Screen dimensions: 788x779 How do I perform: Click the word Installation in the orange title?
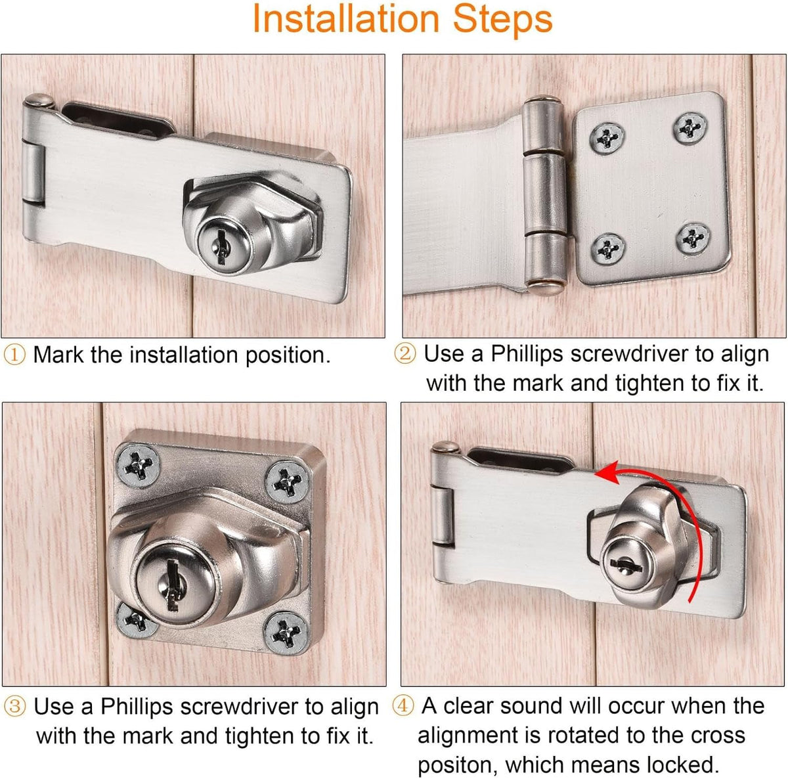coord(346,18)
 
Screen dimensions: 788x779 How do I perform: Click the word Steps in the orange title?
coord(503,20)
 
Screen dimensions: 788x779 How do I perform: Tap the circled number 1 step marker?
coord(14,355)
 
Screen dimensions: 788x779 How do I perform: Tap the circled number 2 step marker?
coord(405,353)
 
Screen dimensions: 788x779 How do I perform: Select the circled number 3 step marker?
coord(14,707)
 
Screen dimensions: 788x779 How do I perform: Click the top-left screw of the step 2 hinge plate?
coord(607,138)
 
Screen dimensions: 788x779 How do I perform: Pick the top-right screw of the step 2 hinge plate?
coord(690,129)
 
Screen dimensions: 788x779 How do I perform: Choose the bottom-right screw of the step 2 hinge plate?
coord(692,238)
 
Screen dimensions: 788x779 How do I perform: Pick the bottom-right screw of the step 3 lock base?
coord(285,634)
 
